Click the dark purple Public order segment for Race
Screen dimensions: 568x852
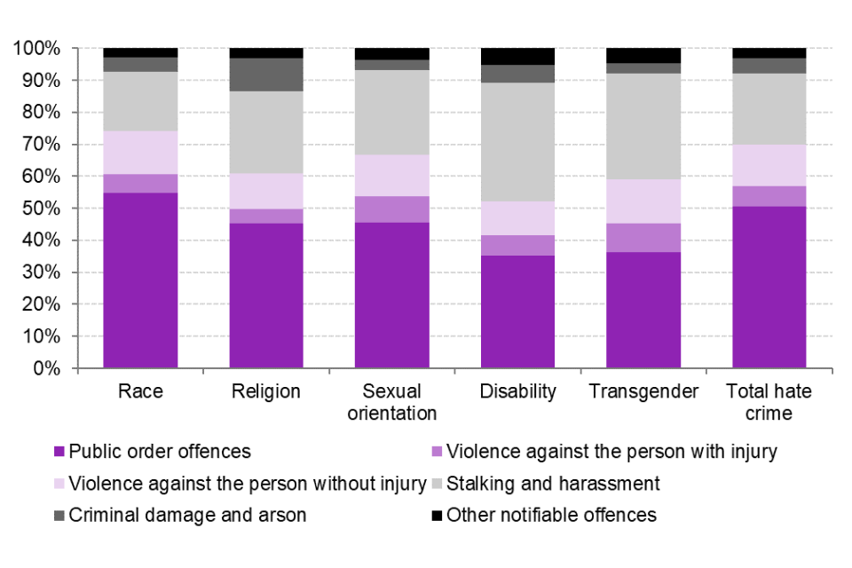click(140, 280)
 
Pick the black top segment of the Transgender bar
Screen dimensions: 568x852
click(643, 55)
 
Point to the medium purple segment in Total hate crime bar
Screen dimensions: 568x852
click(769, 196)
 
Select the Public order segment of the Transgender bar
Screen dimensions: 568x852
click(643, 310)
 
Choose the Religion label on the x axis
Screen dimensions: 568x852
click(266, 391)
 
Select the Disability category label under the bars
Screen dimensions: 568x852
click(517, 391)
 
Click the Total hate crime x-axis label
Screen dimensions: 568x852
click(769, 402)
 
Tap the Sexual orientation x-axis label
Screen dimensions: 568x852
click(391, 402)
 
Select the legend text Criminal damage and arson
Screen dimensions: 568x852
click(187, 516)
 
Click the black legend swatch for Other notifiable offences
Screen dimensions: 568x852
click(438, 516)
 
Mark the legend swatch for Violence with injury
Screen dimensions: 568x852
click(438, 452)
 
